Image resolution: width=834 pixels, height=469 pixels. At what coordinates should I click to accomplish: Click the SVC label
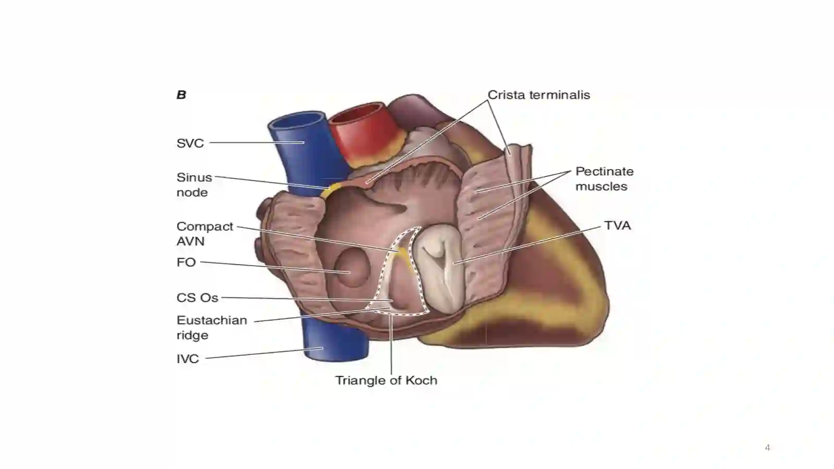point(190,143)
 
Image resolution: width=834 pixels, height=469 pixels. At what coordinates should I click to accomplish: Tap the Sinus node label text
point(194,185)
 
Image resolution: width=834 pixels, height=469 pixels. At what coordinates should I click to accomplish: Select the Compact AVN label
point(205,234)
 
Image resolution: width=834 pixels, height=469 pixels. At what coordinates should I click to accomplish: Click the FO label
point(186,262)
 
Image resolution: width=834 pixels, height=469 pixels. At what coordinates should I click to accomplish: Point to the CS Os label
point(198,298)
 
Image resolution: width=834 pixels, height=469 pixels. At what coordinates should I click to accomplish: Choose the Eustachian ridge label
point(212,328)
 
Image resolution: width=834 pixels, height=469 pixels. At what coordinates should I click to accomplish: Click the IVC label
point(188,359)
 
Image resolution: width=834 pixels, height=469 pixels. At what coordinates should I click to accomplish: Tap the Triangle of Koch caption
point(386,380)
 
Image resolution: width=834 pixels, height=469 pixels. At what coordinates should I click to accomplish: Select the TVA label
point(617,225)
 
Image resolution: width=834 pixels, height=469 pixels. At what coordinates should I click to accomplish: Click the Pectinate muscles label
point(604,179)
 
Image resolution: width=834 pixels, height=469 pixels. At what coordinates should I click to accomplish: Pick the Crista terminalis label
point(539,94)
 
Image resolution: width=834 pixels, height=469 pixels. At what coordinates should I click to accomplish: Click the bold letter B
point(181,95)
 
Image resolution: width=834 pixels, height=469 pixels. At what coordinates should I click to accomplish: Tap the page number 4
point(767,448)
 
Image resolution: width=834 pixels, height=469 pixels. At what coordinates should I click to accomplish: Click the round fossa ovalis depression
point(352,268)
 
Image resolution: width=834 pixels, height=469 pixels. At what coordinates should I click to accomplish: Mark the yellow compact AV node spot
point(403,254)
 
